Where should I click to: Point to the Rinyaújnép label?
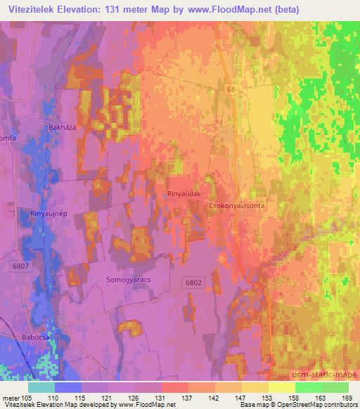(x=47, y=212)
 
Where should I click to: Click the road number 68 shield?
(x=231, y=90)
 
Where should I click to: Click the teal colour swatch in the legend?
(x=41, y=387)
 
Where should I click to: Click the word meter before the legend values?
(x=10, y=398)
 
